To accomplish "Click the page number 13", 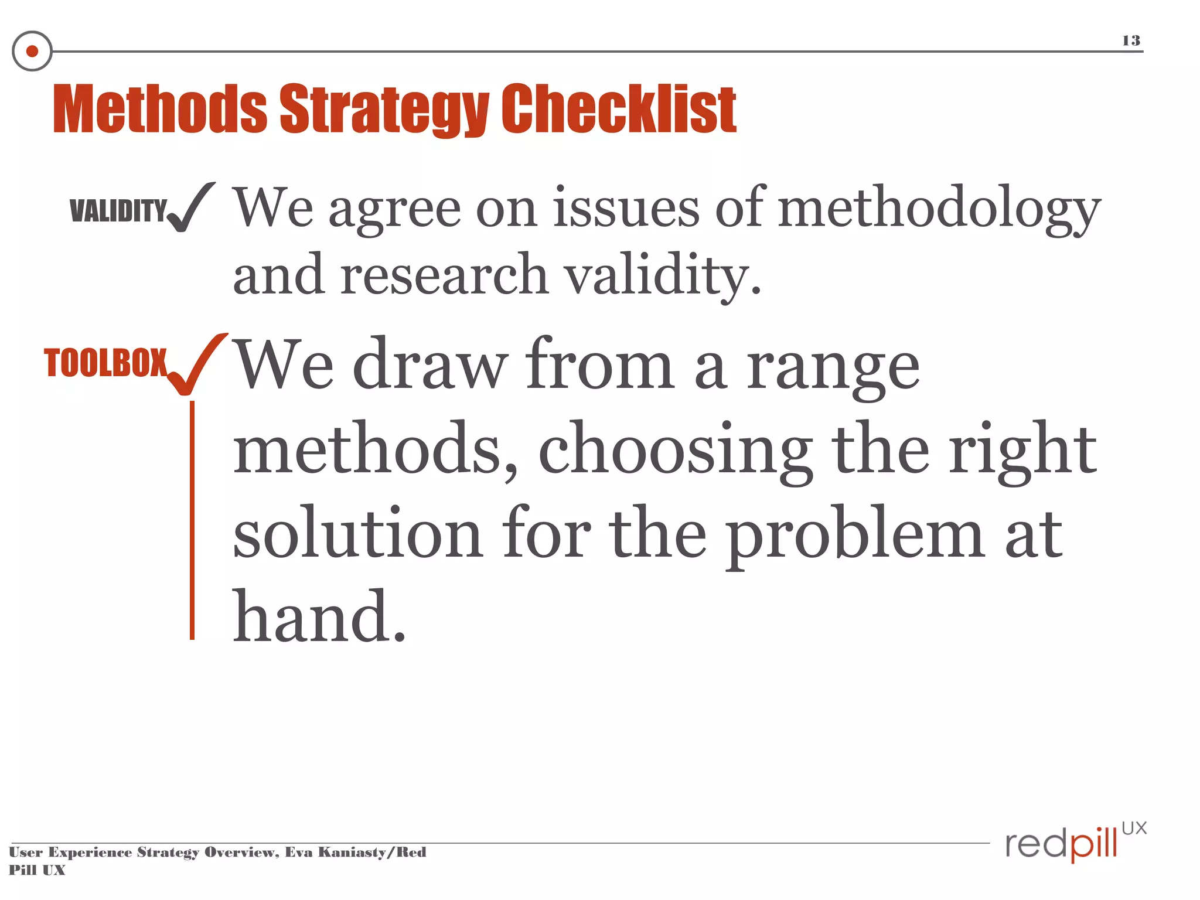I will click(x=1131, y=40).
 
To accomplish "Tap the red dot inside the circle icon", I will click(x=32, y=52).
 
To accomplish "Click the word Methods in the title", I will click(x=159, y=109).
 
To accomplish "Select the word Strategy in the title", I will click(x=384, y=109).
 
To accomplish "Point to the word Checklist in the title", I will click(x=619, y=109).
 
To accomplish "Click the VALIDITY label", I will click(x=118, y=210).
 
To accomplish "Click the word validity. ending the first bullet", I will click(x=662, y=277).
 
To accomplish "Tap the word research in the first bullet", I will click(x=444, y=277).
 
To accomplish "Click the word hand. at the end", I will click(x=319, y=616).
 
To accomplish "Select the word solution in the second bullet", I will click(x=357, y=533).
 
